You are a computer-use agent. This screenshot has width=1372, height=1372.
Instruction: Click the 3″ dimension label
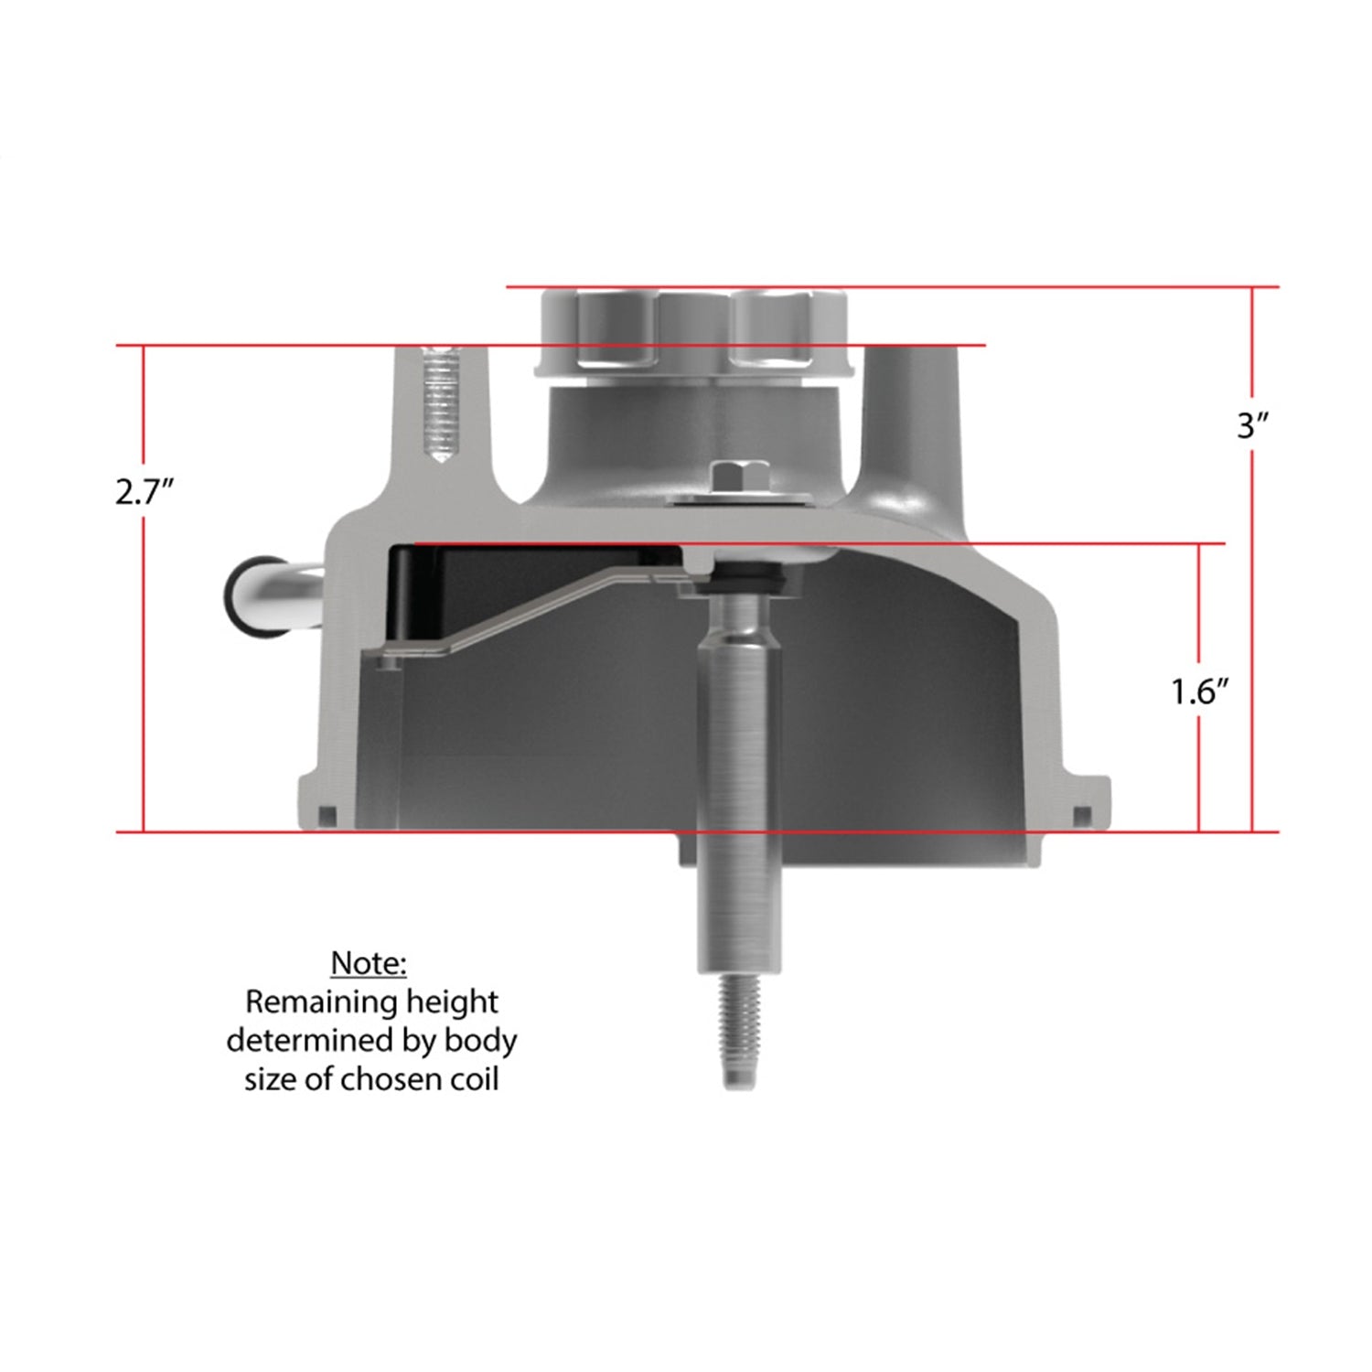(1250, 425)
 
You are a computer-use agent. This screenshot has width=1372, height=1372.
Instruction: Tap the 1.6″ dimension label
(1198, 692)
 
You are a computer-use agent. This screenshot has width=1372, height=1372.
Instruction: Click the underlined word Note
(368, 963)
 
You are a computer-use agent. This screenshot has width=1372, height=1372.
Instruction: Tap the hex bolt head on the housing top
(738, 477)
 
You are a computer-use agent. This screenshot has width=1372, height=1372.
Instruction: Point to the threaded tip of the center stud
(738, 1032)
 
